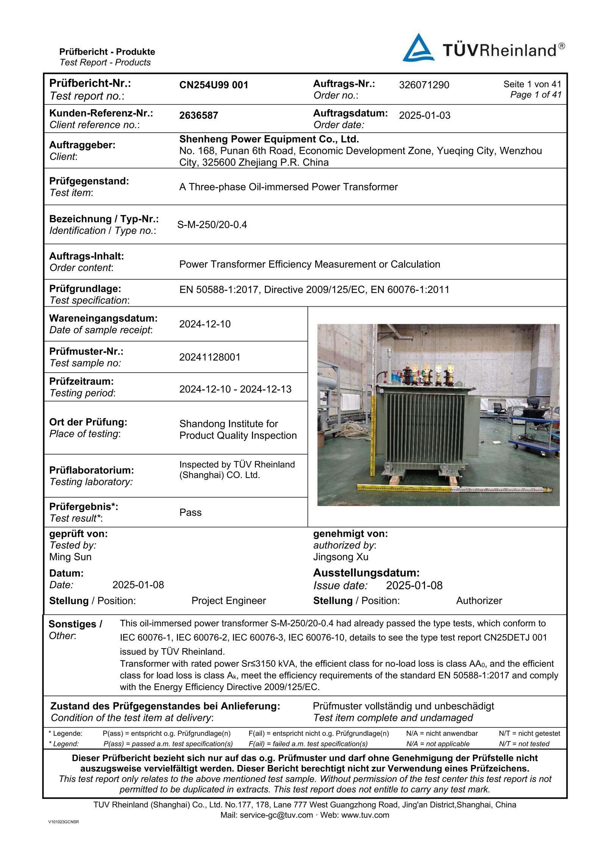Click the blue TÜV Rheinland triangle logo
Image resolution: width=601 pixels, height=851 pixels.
[418, 48]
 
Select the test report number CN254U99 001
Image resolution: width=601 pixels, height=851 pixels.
[214, 85]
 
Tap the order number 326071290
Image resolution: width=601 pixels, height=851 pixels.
[424, 85]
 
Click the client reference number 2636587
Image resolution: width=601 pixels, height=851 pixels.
[198, 115]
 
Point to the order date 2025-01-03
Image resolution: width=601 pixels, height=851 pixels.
[425, 115]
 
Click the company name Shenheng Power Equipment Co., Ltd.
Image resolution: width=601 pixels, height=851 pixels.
[269, 139]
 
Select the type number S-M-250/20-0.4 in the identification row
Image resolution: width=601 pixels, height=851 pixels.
[212, 225]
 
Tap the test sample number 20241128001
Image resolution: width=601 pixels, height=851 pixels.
[210, 357]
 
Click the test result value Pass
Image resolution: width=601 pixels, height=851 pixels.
[190, 512]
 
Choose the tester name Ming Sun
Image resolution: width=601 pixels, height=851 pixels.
[70, 557]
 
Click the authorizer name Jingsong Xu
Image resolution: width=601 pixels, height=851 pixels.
[340, 557]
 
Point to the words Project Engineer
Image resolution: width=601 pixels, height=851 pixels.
[228, 601]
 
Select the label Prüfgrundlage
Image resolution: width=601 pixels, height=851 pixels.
[85, 289]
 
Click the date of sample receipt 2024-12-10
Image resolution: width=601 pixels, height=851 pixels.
[205, 324]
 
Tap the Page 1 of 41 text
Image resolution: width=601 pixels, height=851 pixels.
[535, 95]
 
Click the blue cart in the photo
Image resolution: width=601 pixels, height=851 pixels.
[534, 432]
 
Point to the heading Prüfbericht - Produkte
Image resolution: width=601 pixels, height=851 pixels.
[107, 52]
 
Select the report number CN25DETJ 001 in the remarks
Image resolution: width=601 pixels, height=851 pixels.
[515, 638]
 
